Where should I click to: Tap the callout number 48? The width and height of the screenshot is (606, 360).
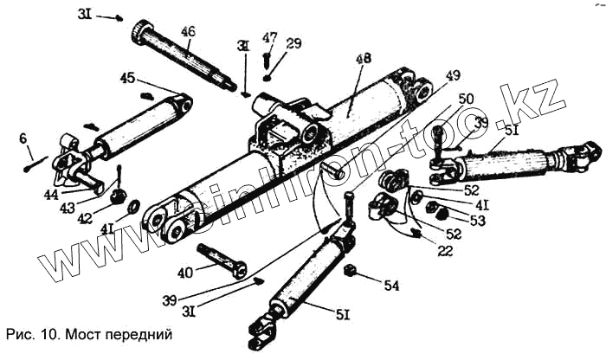click(364, 60)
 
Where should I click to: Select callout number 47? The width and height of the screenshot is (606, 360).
click(269, 37)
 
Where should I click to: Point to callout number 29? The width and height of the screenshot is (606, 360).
click(294, 42)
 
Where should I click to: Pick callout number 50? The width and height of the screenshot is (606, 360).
click(466, 99)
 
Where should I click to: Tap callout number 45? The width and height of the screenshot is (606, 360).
click(128, 79)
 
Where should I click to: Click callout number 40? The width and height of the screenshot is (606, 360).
click(184, 273)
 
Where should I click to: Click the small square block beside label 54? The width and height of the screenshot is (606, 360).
click(351, 273)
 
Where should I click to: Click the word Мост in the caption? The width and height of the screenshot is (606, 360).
click(84, 333)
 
